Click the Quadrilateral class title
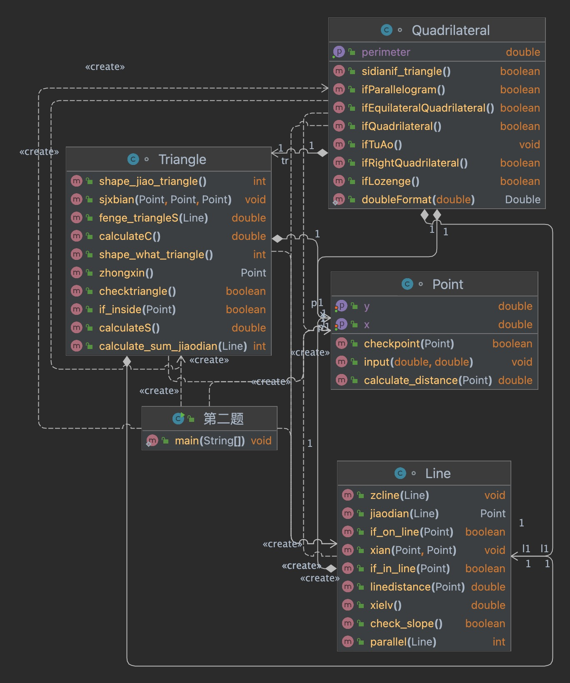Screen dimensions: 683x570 click(450, 30)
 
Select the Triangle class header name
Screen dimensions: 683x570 click(182, 160)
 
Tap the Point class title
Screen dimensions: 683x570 click(447, 284)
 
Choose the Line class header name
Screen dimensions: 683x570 click(437, 474)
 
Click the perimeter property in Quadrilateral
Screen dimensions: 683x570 click(385, 52)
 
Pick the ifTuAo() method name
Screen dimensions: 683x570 click(381, 145)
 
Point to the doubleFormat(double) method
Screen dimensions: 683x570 click(418, 199)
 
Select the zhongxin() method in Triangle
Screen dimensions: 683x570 click(126, 273)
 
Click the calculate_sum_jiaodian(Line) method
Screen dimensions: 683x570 click(172, 346)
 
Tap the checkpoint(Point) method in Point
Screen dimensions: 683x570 click(408, 344)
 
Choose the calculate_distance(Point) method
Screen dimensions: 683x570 click(427, 380)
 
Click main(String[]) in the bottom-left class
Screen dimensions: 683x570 click(210, 441)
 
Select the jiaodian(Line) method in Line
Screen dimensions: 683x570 click(404, 513)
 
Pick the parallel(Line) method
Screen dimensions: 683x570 click(403, 642)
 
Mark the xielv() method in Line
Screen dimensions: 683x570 click(385, 605)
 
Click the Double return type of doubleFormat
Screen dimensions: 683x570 click(522, 199)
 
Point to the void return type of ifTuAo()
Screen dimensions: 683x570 click(529, 145)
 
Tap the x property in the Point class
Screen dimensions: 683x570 click(367, 324)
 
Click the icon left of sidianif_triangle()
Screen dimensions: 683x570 click(339, 71)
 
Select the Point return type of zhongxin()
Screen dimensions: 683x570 click(253, 273)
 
